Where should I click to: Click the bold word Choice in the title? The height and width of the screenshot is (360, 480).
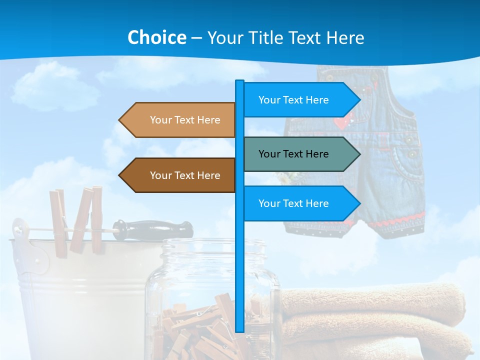[x=156, y=37]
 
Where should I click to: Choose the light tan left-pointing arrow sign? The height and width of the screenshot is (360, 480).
[x=180, y=120]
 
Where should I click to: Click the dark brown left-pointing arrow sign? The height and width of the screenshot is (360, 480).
[x=180, y=175]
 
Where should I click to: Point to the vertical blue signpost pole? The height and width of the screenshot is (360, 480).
[x=239, y=260]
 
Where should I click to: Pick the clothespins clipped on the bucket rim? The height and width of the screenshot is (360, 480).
[x=77, y=220]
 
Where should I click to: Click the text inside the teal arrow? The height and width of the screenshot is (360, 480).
[x=293, y=154]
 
